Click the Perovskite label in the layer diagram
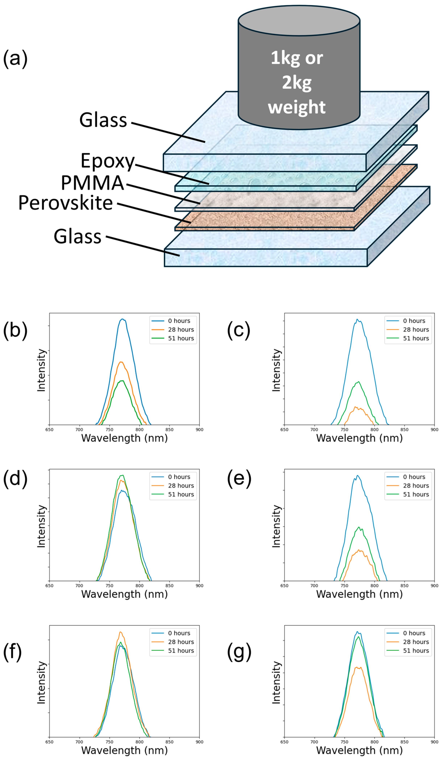[65, 203]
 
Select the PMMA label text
[92, 183]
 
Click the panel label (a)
[15, 58]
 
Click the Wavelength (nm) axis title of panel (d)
[124, 594]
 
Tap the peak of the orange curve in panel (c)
[356, 407]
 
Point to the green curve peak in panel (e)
[358, 527]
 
